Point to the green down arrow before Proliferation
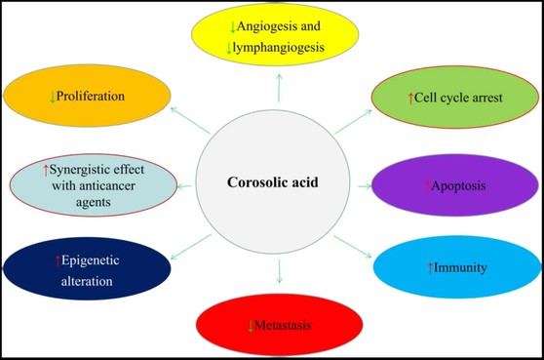(52, 98)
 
